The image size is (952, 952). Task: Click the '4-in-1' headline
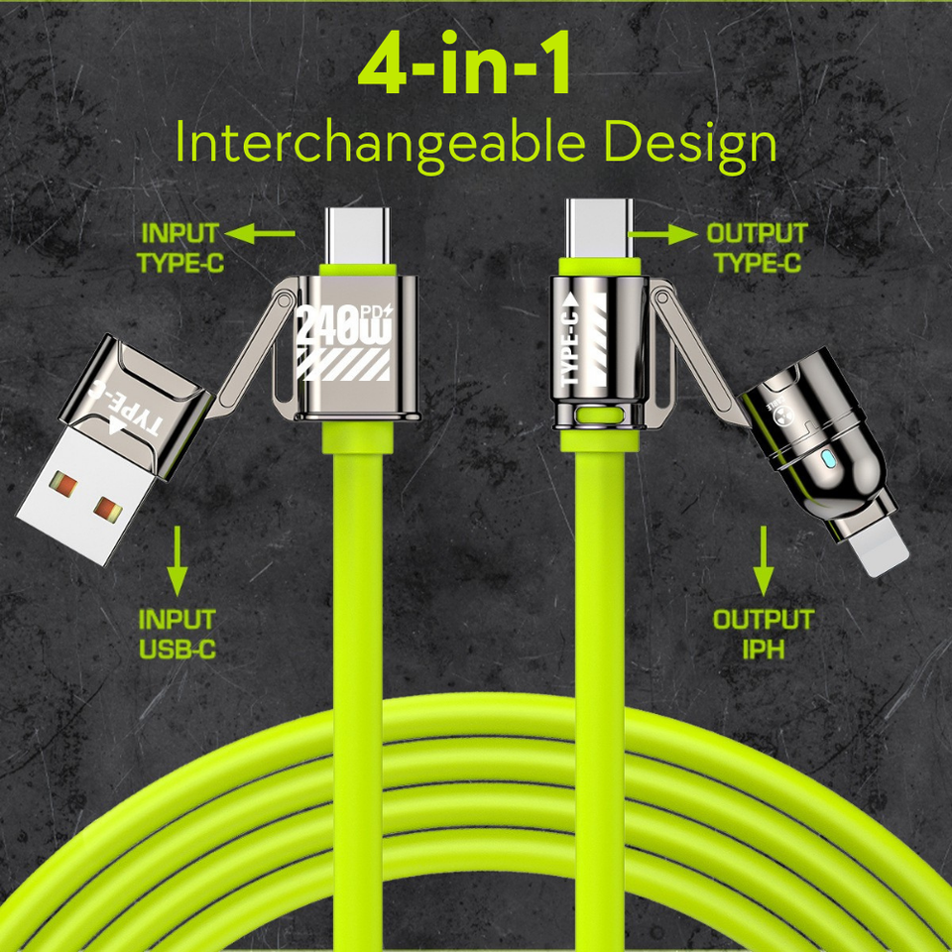464,63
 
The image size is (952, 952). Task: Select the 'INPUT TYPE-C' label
180,248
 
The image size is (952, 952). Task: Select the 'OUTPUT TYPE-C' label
757,248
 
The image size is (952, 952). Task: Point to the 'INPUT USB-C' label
178,635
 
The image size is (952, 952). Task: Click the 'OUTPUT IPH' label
764,635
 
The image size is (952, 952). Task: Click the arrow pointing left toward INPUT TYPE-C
259,233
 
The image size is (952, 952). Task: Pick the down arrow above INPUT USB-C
178,561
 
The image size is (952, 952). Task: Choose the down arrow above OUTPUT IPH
764,561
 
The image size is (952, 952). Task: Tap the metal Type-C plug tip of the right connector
599,228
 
